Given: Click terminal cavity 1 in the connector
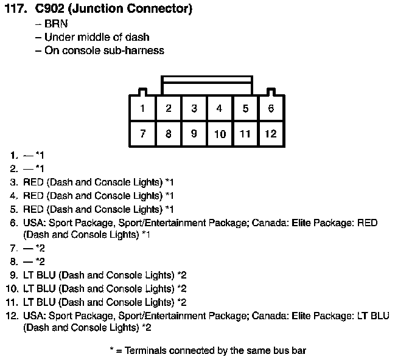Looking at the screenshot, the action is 142,108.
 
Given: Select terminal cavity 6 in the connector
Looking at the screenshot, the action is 271,108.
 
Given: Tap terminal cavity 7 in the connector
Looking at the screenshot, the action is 142,133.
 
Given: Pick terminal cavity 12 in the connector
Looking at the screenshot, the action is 271,133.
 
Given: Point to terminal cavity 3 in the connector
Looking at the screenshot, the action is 194,108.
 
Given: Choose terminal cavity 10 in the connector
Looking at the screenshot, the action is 220,133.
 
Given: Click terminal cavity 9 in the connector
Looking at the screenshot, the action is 194,133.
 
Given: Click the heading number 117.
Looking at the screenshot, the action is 16,9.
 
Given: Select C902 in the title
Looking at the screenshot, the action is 49,9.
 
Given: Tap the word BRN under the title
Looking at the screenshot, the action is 56,24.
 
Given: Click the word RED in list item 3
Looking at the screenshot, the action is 33,182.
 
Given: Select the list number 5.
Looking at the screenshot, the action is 14,209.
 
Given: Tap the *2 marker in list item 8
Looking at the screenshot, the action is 40,261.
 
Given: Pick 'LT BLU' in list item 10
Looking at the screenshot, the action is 40,289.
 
